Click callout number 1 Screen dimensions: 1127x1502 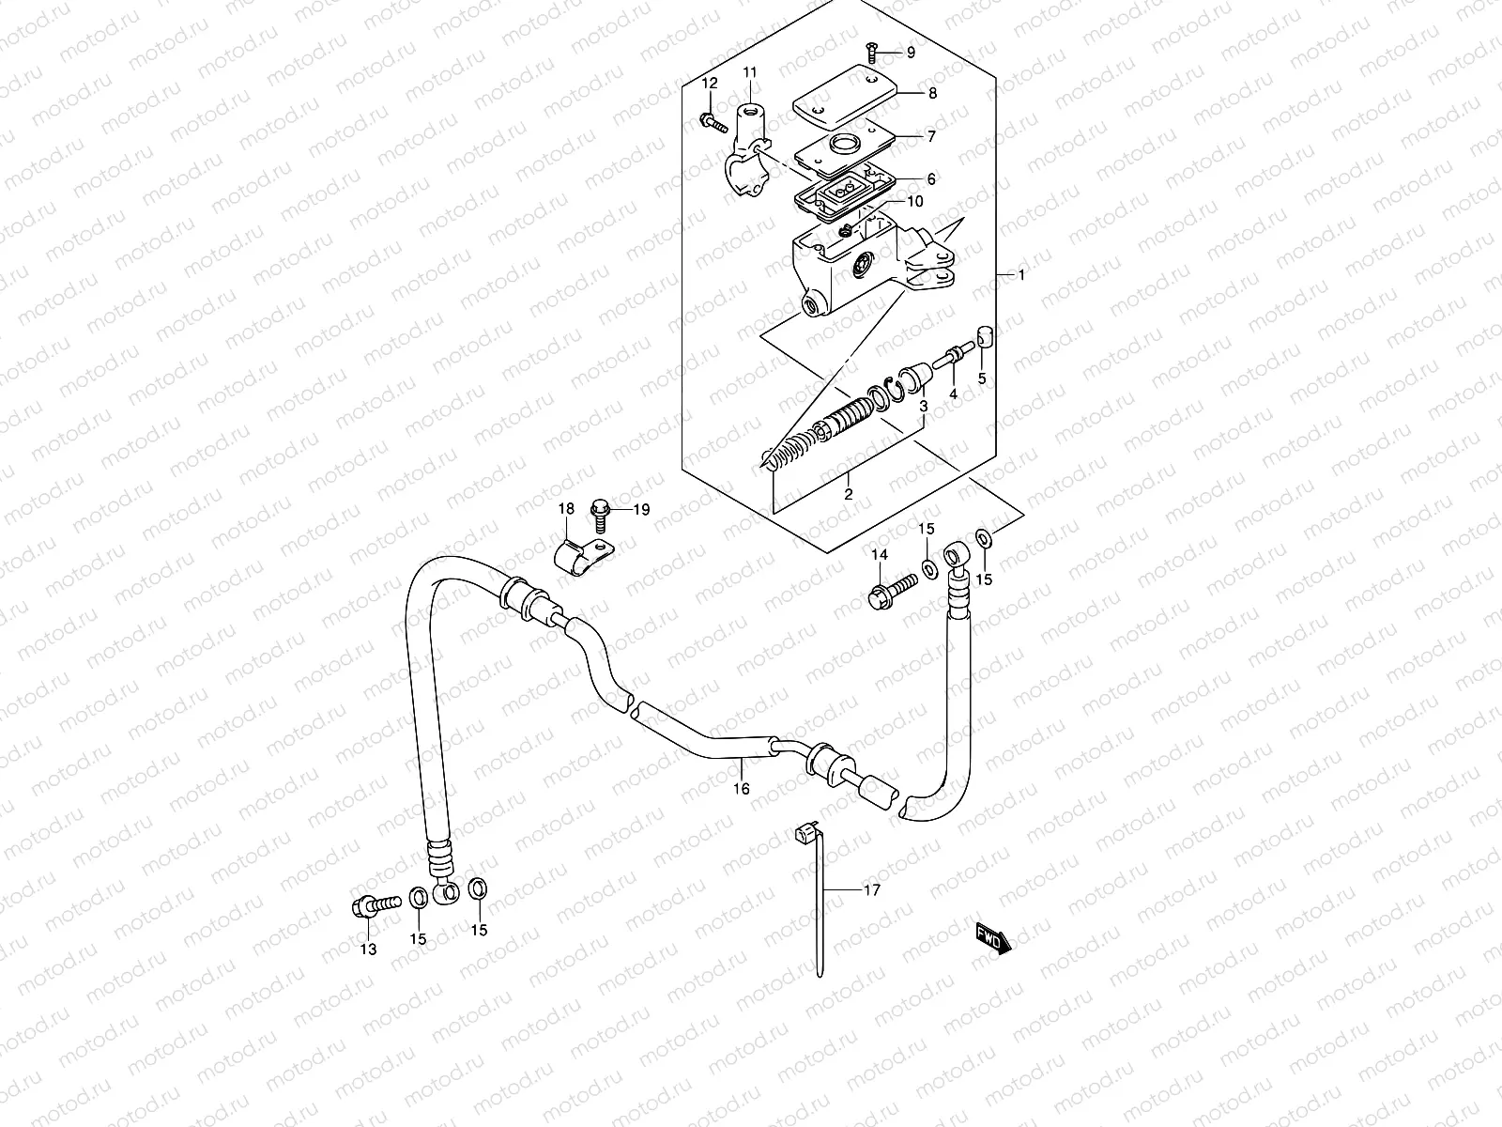[x=1021, y=275]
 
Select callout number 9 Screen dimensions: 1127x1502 [x=909, y=53]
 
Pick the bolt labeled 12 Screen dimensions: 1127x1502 [x=713, y=120]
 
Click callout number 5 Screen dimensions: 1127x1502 [x=982, y=378]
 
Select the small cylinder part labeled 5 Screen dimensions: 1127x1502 [x=983, y=336]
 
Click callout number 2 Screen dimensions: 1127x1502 [x=848, y=494]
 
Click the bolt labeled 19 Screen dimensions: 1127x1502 [x=599, y=510]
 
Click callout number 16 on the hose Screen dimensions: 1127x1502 [x=742, y=789]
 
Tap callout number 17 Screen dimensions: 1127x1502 [x=872, y=890]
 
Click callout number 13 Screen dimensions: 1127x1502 [x=368, y=949]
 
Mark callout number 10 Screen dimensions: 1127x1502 [x=915, y=201]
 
